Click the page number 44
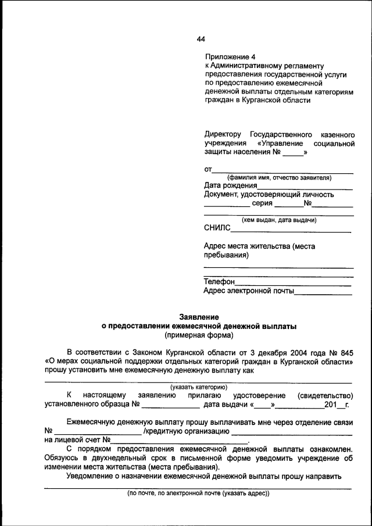(x=201, y=40)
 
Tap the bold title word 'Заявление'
(x=199, y=317)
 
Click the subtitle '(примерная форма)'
(x=199, y=335)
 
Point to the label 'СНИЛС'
(x=217, y=228)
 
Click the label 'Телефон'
(x=219, y=281)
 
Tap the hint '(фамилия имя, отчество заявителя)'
(x=279, y=177)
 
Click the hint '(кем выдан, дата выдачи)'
(x=279, y=220)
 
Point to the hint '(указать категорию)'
(x=198, y=387)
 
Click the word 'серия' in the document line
(x=262, y=203)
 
